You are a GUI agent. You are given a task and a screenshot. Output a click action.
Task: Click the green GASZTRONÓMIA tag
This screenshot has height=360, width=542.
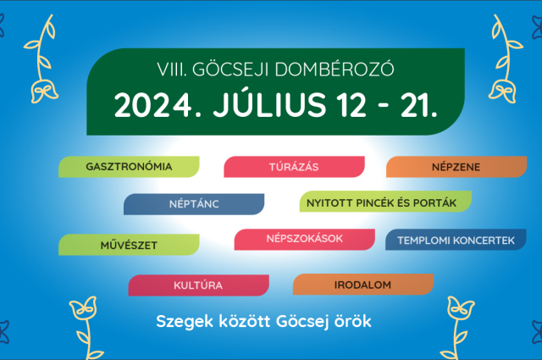[x=129, y=167]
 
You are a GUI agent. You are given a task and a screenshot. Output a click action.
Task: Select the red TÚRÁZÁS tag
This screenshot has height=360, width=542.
[x=293, y=167]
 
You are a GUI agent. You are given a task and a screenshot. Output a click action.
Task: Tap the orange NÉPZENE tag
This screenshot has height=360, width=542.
[x=456, y=167]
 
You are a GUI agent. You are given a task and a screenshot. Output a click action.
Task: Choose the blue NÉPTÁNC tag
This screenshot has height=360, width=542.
[x=193, y=204]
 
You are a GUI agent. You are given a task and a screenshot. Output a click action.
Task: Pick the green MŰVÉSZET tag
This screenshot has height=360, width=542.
[x=129, y=245]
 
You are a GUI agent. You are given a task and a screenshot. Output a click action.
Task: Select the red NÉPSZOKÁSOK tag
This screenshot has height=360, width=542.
[x=304, y=239]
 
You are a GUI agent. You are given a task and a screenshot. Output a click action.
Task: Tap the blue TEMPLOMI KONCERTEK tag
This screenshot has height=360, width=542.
[x=456, y=240]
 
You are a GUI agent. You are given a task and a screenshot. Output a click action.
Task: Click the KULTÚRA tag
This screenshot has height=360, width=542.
[x=198, y=285]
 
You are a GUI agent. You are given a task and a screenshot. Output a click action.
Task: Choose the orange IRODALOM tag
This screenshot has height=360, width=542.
[x=362, y=285]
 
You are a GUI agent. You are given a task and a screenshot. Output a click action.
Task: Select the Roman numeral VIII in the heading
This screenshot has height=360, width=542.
[x=171, y=66]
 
